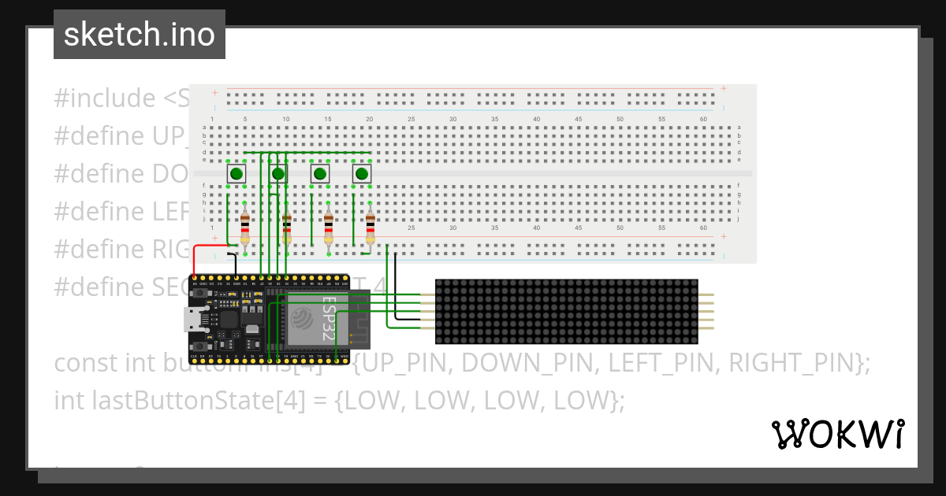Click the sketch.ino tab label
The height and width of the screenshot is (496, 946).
tap(139, 35)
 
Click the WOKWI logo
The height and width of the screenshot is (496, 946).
tap(836, 434)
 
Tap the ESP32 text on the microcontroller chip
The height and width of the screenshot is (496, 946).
tap(329, 318)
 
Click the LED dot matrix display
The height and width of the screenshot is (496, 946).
tap(566, 311)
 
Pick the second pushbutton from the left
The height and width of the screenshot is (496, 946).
tap(278, 174)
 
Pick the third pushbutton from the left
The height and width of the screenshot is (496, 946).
tap(320, 174)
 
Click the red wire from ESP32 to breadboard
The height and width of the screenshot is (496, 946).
tap(207, 247)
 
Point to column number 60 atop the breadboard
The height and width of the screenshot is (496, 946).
tap(703, 119)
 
